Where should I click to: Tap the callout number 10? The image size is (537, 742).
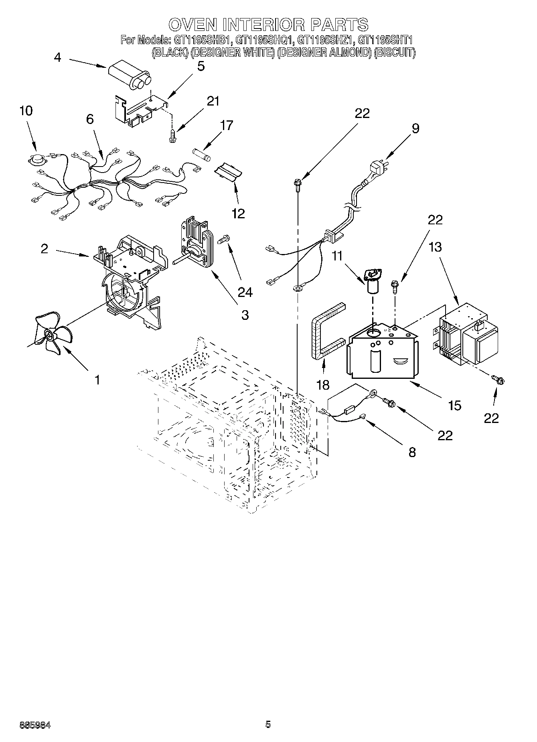point(26,111)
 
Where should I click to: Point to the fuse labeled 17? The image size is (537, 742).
point(202,154)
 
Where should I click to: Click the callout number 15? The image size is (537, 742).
point(454,405)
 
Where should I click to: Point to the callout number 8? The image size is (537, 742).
point(412,452)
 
